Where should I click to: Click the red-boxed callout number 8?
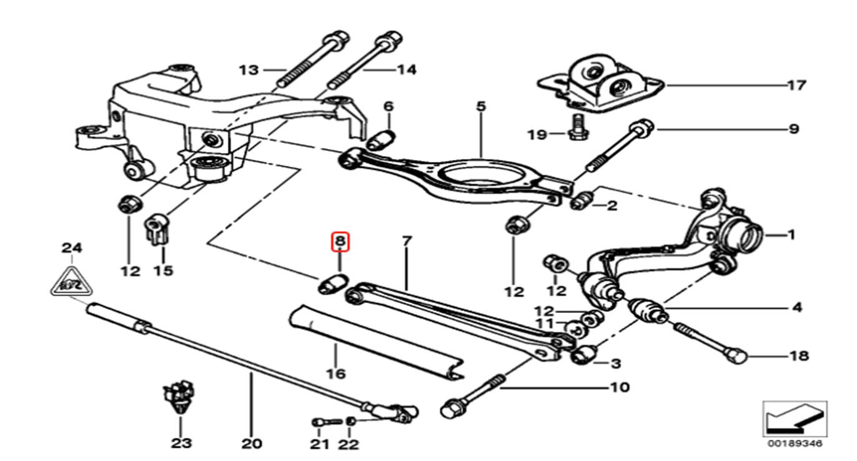340,240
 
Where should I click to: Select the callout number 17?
796,84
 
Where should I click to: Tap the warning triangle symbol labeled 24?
71,282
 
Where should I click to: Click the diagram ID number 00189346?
795,443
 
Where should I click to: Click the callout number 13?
249,69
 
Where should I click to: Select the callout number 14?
406,69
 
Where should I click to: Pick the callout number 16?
335,374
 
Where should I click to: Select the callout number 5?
480,107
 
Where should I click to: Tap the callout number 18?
799,355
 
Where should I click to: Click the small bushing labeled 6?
380,139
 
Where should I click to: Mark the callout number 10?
620,387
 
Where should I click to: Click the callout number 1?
791,235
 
